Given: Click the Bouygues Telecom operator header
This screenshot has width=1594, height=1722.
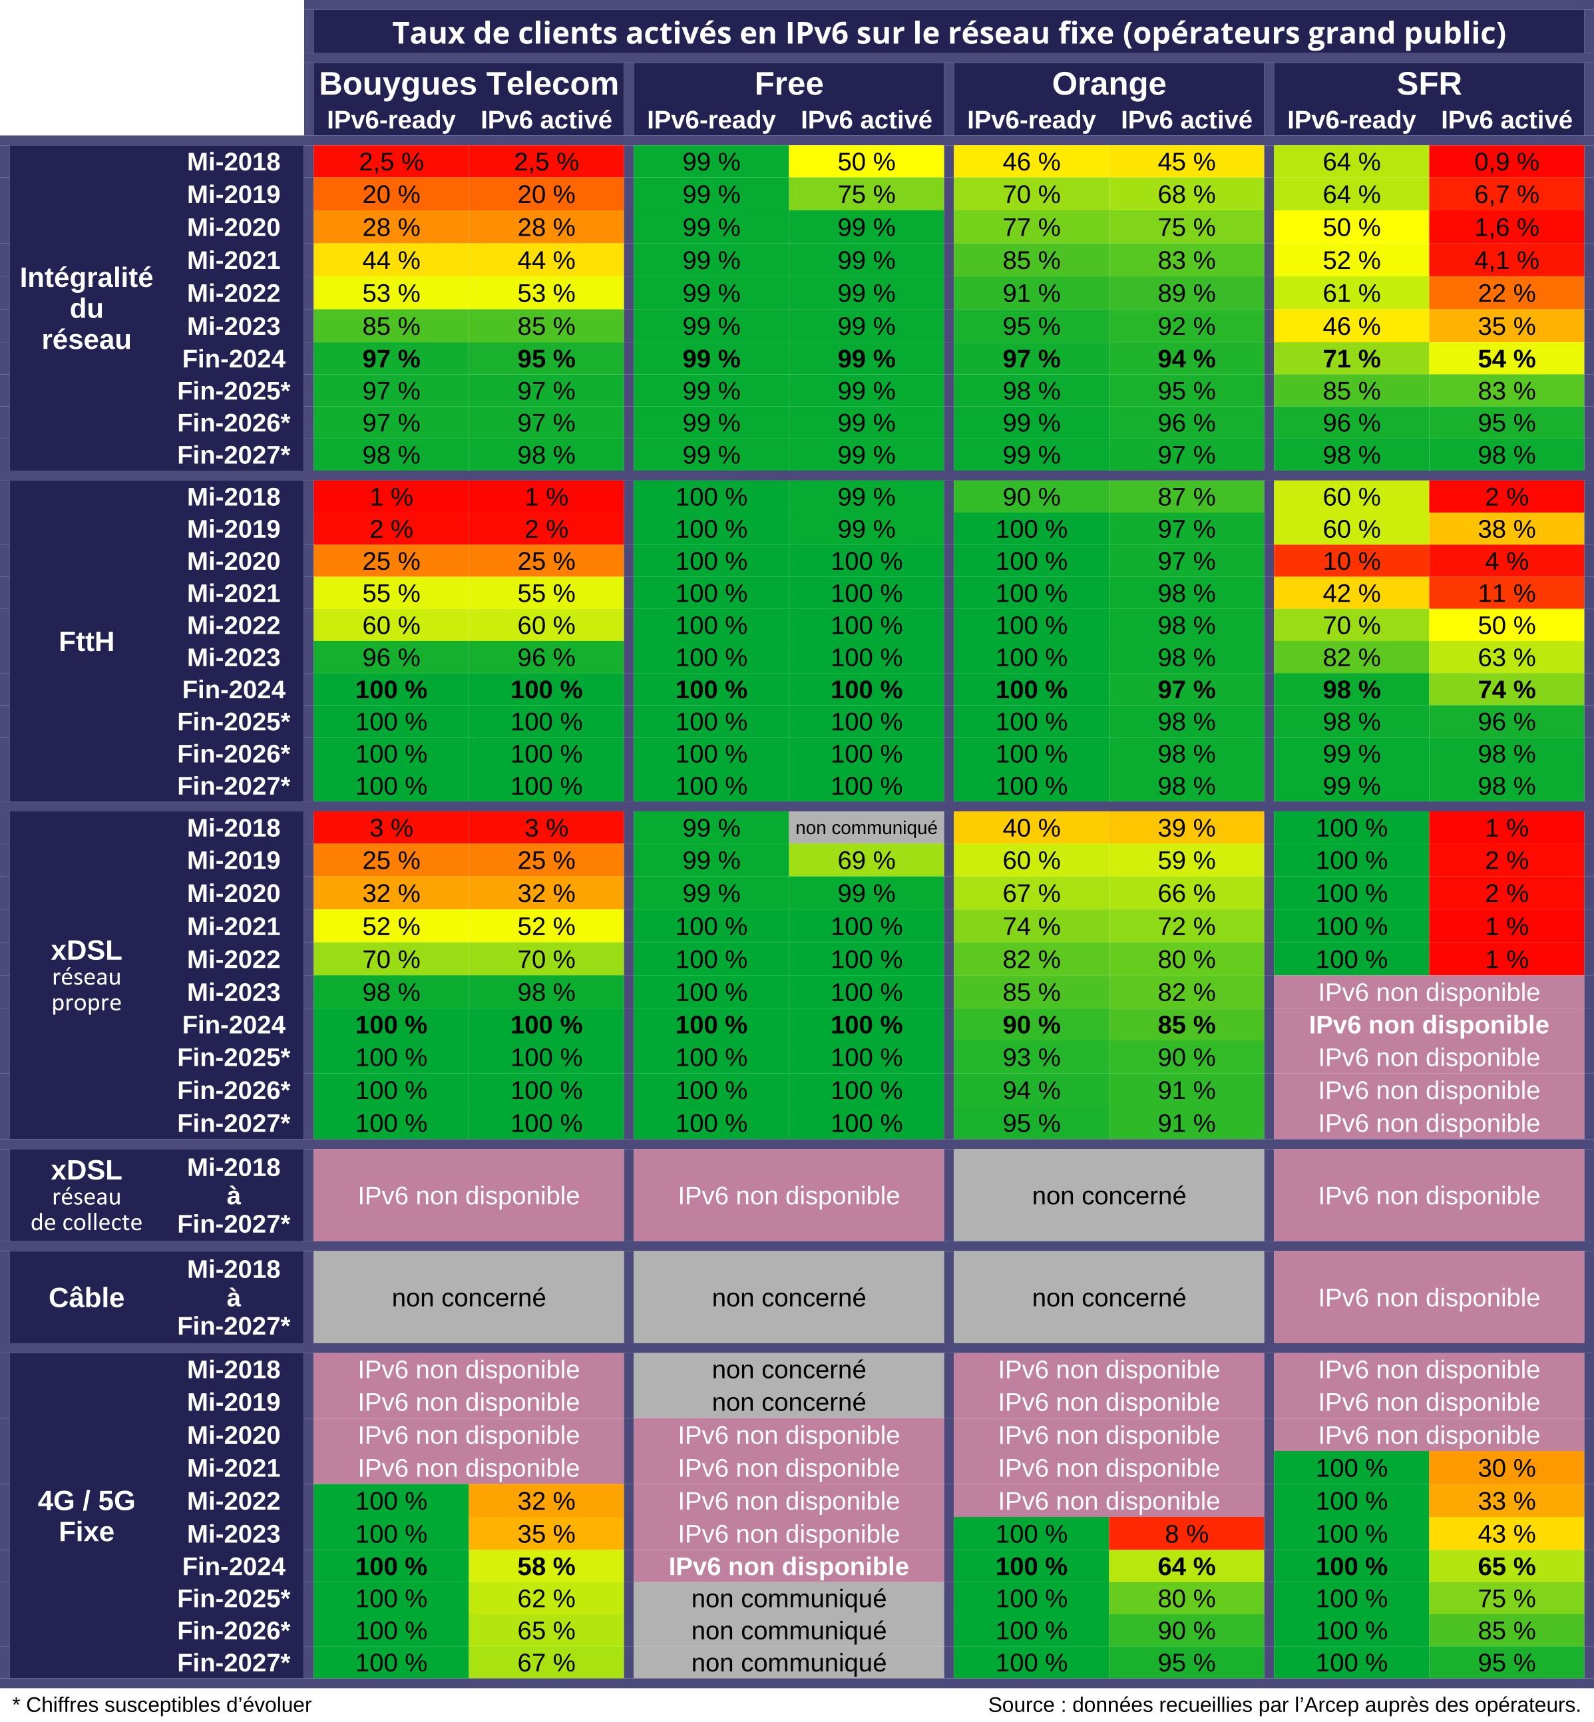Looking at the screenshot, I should (469, 84).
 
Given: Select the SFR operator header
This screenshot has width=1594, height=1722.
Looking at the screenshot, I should (1428, 84).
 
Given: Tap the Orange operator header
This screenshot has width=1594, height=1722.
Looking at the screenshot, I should (1108, 84).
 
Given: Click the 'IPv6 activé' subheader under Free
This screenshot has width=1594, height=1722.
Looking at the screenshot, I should (866, 120).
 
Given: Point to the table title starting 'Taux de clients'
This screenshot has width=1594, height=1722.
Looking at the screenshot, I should (949, 33).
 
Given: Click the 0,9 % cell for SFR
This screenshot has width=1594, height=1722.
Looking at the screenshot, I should (1506, 161).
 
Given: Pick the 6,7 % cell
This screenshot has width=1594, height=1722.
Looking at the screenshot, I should (1506, 194).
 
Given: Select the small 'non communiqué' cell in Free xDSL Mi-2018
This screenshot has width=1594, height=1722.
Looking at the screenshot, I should (866, 828).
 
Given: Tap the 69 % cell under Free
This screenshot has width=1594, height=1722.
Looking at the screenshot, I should (866, 860).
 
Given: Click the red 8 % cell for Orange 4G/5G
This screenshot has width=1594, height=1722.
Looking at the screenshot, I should (1186, 1534).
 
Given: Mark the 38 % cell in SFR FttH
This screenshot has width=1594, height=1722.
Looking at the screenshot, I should (1506, 529).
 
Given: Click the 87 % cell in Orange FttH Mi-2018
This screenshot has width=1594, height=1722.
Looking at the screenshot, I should (1186, 497).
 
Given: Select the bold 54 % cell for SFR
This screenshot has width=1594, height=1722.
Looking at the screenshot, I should (1506, 359).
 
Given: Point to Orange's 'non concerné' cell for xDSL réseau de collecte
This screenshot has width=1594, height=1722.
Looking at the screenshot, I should (1108, 1195).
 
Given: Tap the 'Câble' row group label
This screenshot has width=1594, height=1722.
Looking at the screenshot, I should (87, 1297).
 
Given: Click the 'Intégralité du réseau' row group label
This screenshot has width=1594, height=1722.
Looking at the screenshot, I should (87, 308).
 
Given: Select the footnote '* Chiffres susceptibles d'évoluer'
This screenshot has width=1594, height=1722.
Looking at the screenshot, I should (162, 1705).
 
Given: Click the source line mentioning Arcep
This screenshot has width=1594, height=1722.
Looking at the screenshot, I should (1283, 1705).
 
